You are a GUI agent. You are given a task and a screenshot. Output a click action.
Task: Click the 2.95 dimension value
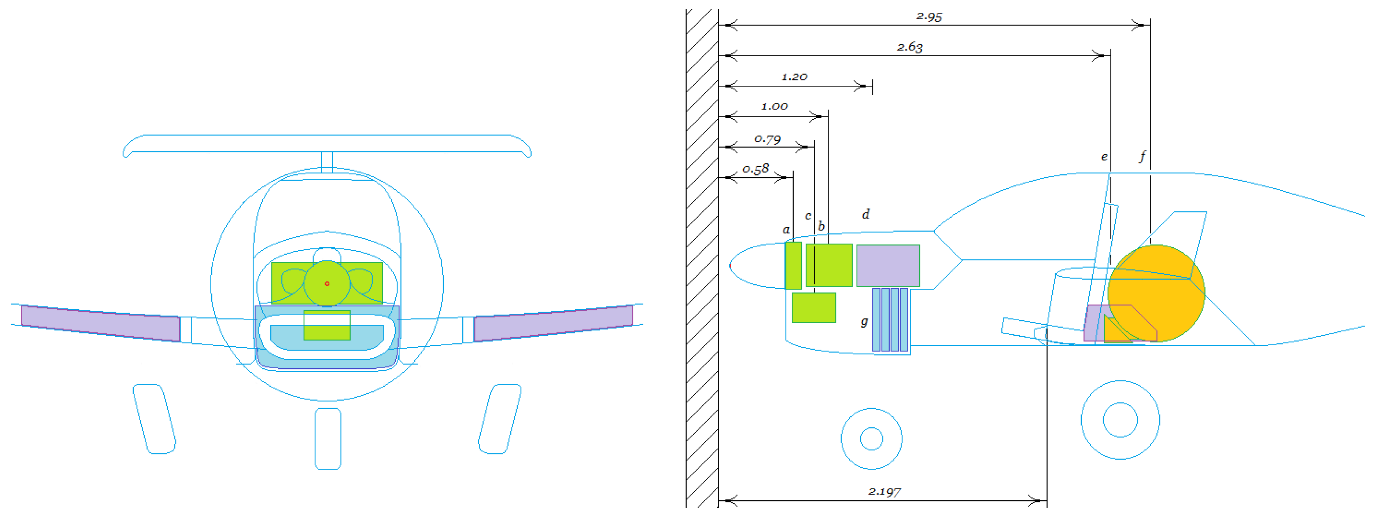coord(929,16)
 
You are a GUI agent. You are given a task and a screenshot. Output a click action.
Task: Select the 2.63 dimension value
coord(909,47)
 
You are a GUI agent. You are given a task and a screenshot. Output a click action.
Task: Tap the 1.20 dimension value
coord(794,77)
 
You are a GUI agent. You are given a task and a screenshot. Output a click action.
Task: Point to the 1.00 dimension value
coord(774,106)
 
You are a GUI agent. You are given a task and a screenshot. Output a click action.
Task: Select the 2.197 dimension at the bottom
coord(884,491)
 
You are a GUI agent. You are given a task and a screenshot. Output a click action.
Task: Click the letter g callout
coord(864,322)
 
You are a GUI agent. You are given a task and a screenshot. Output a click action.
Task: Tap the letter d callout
coord(866,214)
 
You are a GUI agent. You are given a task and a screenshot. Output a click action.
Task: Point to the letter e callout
coord(1104,157)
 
